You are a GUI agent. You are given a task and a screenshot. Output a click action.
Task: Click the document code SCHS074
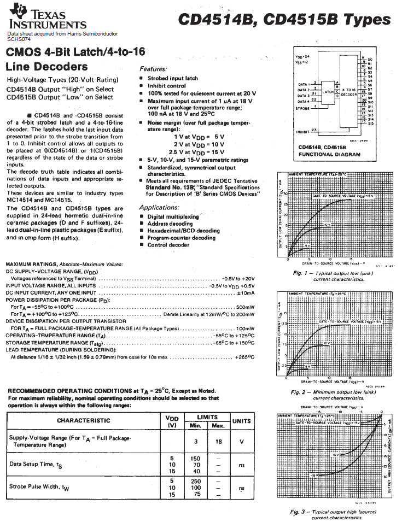pos(19,39)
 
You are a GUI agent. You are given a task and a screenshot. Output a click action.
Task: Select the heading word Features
pos(153,69)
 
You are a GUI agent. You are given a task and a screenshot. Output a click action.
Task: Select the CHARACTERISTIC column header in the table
pos(83,420)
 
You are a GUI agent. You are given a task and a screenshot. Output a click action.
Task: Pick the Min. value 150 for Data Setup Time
pos(195,459)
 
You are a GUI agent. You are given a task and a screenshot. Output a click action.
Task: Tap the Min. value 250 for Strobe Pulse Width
pos(195,480)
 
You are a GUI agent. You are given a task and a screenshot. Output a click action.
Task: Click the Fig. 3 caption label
pos(301,512)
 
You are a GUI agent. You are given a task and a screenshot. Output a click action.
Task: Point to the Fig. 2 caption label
pos(301,392)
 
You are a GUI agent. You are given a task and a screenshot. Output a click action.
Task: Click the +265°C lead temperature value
pos(244,357)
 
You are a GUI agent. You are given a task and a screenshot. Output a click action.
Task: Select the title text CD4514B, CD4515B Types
pos(284,20)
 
